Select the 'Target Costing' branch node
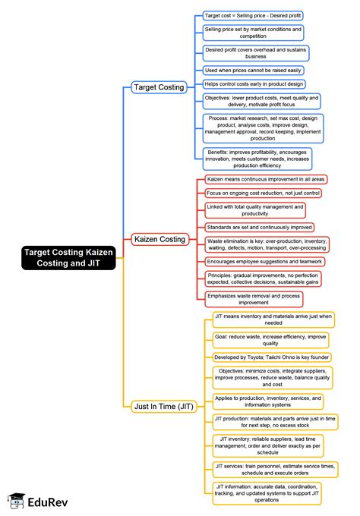[x=158, y=87]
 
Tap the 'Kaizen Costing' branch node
[x=159, y=239]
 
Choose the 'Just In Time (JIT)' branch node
[x=163, y=406]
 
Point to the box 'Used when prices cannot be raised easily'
[x=254, y=69]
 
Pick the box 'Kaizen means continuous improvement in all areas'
[x=267, y=180]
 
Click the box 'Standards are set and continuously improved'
[x=259, y=227]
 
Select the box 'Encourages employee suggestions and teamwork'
[x=264, y=262]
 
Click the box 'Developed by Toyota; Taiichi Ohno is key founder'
[x=272, y=357]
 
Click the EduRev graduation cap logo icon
[x=15, y=501]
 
